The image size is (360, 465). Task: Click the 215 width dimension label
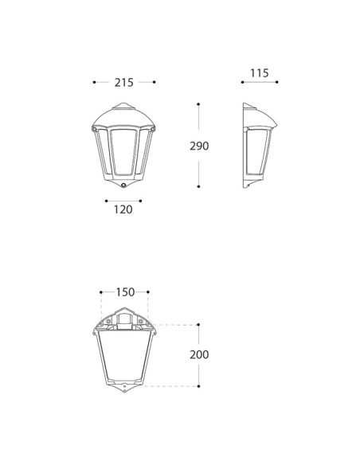(x=124, y=83)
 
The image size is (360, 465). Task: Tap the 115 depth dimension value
(x=260, y=73)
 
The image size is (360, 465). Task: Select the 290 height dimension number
(x=199, y=146)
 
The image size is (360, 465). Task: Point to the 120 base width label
(x=123, y=209)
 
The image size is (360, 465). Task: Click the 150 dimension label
(x=125, y=292)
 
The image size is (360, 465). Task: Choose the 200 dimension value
(x=199, y=354)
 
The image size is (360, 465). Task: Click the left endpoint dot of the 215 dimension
(x=94, y=82)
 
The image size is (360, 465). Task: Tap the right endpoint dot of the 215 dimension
(x=155, y=82)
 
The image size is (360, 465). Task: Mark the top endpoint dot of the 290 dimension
(x=198, y=104)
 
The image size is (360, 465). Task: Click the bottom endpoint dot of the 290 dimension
(x=198, y=186)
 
